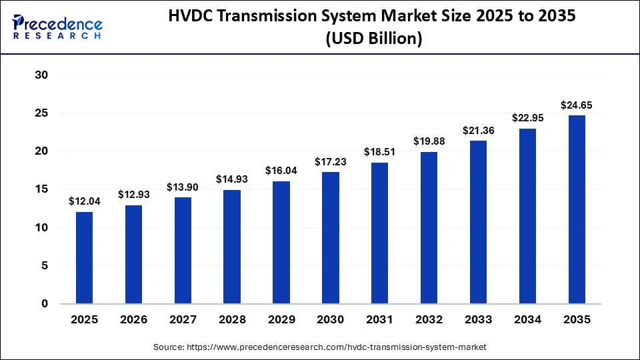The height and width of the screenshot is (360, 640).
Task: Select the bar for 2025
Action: click(x=84, y=257)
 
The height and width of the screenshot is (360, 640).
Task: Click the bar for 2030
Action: click(x=331, y=237)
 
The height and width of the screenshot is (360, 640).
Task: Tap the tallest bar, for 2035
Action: click(x=577, y=209)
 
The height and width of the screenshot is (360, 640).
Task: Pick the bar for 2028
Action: click(x=232, y=247)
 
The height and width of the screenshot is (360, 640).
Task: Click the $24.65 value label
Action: click(x=577, y=105)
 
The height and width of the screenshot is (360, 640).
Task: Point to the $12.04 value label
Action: click(x=84, y=201)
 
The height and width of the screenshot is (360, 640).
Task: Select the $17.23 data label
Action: click(x=331, y=161)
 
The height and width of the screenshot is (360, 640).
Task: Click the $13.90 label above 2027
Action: click(x=183, y=187)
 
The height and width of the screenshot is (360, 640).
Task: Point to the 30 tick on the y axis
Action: click(x=41, y=75)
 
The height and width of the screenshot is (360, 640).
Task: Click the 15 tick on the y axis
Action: click(x=41, y=189)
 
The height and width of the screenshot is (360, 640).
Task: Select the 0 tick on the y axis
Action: click(x=45, y=303)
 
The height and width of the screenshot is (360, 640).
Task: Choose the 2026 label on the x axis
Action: click(x=133, y=320)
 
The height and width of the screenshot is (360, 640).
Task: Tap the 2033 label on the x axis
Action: click(x=479, y=320)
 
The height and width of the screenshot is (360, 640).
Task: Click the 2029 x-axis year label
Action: click(x=281, y=320)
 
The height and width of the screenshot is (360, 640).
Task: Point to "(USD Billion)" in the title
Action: click(x=374, y=39)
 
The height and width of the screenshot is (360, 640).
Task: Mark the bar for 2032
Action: click(x=429, y=227)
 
